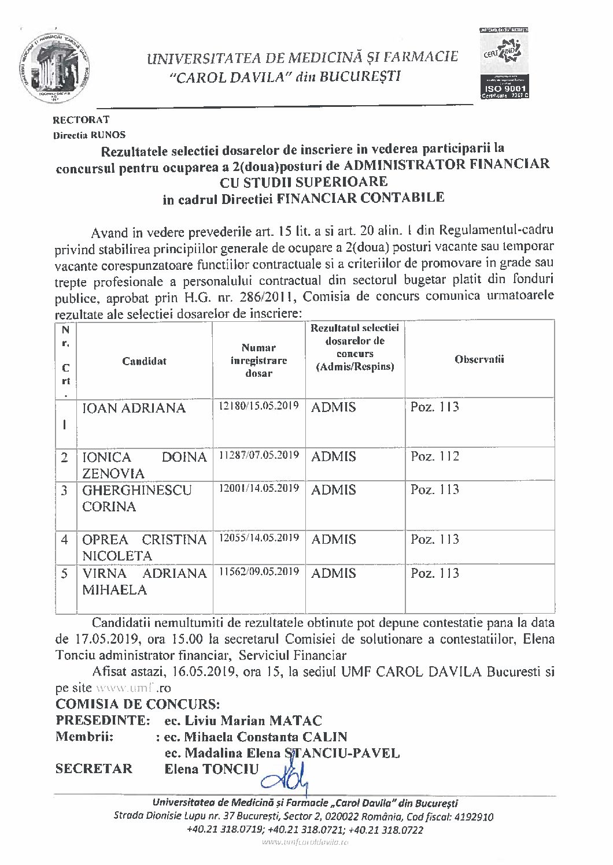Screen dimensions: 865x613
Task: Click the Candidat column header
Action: (x=144, y=361)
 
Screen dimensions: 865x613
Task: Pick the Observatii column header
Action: (x=479, y=359)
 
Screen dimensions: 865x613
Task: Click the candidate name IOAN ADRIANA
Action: (x=134, y=409)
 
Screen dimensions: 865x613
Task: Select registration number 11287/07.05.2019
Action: (x=259, y=455)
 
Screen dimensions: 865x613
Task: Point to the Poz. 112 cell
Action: (x=434, y=456)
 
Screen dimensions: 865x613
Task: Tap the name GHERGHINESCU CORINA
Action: (x=136, y=498)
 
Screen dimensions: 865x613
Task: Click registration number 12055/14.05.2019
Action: (x=259, y=538)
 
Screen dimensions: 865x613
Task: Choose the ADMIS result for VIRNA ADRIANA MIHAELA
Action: (x=334, y=573)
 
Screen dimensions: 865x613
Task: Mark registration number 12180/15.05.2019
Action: (x=259, y=406)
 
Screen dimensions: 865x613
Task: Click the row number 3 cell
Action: (x=65, y=491)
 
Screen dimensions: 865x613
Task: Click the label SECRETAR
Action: (x=94, y=769)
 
